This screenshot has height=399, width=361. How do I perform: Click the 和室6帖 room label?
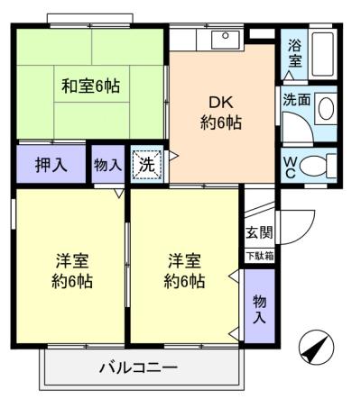pyautogui.click(x=90, y=86)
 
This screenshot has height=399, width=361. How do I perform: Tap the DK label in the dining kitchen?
pyautogui.click(x=221, y=103)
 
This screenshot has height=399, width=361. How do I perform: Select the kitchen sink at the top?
pyautogui.click(x=226, y=40)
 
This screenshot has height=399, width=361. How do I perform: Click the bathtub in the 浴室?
pyautogui.click(x=322, y=54)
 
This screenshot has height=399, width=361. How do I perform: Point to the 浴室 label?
pyautogui.click(x=295, y=53)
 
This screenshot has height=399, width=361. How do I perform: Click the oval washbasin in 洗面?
pyautogui.click(x=326, y=108)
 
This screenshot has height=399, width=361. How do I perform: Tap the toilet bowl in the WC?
pyautogui.click(x=314, y=166)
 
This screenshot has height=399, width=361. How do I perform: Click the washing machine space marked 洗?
pyautogui.click(x=147, y=164)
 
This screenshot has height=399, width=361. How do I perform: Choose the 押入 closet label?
pyautogui.click(x=51, y=165)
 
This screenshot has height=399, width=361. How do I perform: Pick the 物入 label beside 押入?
pyautogui.click(x=107, y=165)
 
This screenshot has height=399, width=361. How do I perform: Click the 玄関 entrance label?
pyautogui.click(x=259, y=232)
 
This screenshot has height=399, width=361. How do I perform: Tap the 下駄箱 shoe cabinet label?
pyautogui.click(x=260, y=256)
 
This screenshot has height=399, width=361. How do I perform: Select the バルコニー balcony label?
pyautogui.click(x=139, y=367)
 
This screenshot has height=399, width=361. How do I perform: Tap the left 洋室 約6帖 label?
pyautogui.click(x=72, y=271)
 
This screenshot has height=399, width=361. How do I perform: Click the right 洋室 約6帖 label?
pyautogui.click(x=184, y=271)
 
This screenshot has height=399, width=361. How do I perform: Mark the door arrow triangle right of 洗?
pyautogui.click(x=173, y=156)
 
